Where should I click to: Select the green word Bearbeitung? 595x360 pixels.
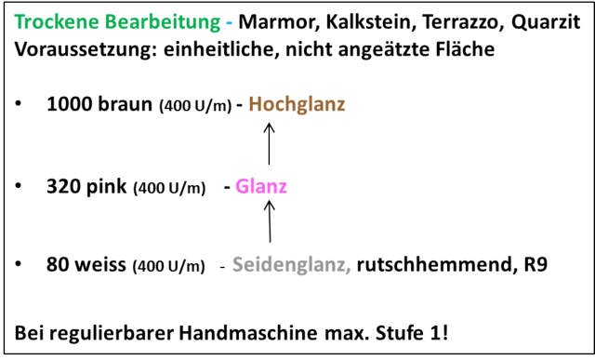(x=163, y=22)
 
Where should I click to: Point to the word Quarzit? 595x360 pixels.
(x=546, y=22)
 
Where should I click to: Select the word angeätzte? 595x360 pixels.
(x=383, y=49)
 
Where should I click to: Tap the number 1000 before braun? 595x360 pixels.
(x=69, y=104)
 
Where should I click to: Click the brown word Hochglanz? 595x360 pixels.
(x=297, y=104)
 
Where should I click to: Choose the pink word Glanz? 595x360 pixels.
(x=261, y=186)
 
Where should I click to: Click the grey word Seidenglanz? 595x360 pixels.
(x=291, y=265)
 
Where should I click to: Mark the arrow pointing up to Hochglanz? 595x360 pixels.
(x=269, y=143)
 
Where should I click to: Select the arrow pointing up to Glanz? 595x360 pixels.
(x=270, y=221)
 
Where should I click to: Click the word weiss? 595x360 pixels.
(x=100, y=265)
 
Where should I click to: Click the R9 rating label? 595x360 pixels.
(x=535, y=265)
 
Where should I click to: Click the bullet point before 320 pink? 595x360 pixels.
(x=18, y=186)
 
